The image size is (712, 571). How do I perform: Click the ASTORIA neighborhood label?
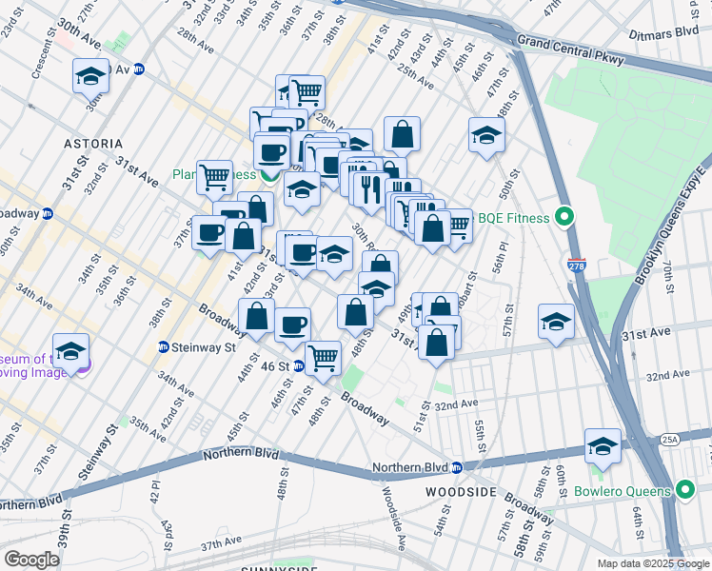tap(93, 144)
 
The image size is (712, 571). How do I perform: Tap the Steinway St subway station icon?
tap(163, 347)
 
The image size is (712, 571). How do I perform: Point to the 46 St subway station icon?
tap(298, 365)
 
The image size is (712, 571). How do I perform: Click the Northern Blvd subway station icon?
tap(456, 467)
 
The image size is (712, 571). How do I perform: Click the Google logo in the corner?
tap(31, 560)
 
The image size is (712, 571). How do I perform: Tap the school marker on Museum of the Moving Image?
tap(70, 351)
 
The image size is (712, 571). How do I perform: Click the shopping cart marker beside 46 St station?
tap(324, 359)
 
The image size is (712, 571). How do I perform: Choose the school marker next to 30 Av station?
tap(91, 76)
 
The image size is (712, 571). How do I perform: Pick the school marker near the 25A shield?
tap(603, 445)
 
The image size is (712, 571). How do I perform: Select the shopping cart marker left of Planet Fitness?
tap(215, 176)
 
